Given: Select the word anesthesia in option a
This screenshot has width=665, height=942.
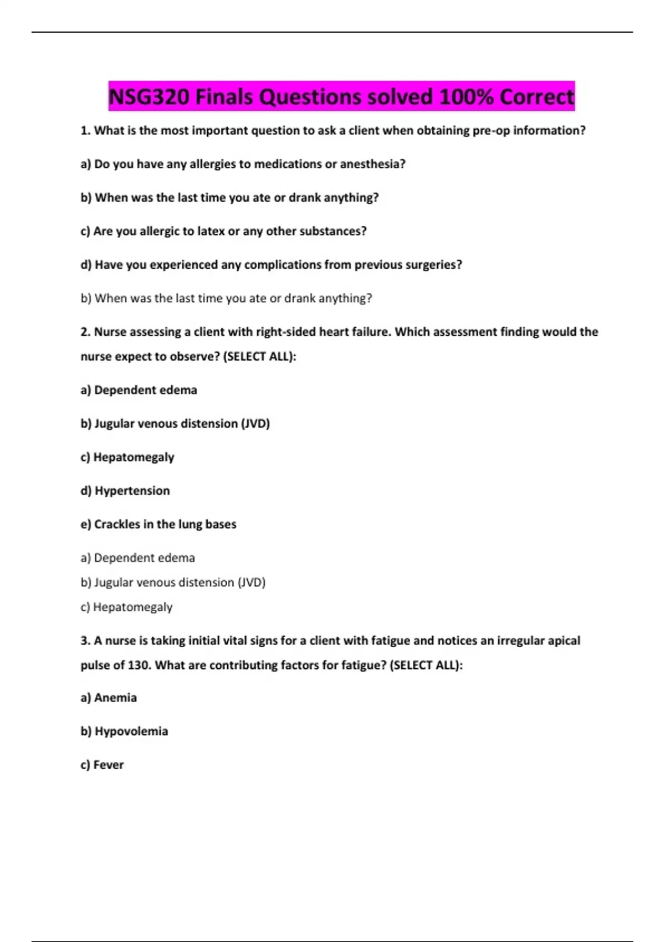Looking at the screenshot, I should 372,164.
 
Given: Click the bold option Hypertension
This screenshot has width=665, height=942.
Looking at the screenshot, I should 132,490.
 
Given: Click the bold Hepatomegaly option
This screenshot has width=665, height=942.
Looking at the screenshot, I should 133,457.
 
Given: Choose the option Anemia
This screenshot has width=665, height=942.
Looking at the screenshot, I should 115,698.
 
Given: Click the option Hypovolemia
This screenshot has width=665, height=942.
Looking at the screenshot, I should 131,731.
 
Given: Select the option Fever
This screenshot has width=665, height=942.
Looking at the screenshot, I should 108,765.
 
